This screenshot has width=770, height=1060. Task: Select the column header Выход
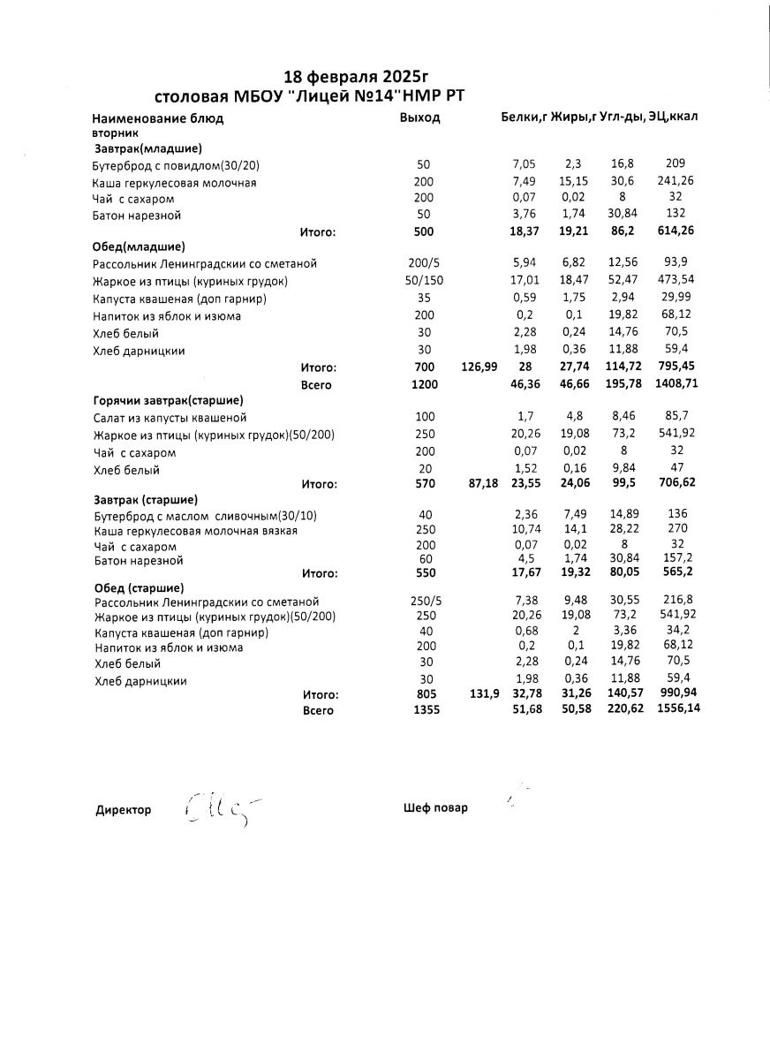(x=419, y=117)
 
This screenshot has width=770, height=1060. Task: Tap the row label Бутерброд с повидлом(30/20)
(x=176, y=165)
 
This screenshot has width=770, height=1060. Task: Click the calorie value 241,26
(x=676, y=182)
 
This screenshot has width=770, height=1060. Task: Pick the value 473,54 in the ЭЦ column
(x=676, y=281)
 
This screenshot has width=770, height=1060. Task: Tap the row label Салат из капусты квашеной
(x=170, y=417)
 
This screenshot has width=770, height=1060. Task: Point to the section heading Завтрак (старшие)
(x=145, y=499)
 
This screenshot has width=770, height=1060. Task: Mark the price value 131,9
(x=482, y=694)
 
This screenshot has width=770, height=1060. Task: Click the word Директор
(x=123, y=810)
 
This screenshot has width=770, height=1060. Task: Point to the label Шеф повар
(x=434, y=807)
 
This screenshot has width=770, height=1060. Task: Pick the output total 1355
(x=425, y=710)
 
